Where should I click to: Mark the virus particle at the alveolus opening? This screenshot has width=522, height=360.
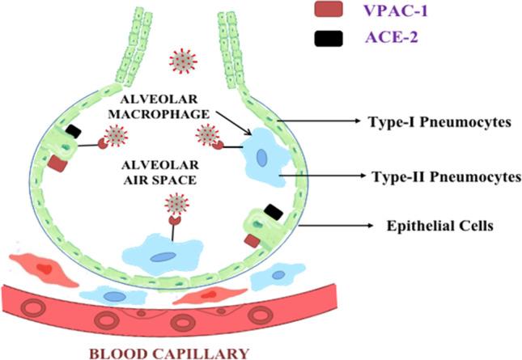click(183, 61)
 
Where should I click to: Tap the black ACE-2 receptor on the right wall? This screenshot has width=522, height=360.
click(274, 211)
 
